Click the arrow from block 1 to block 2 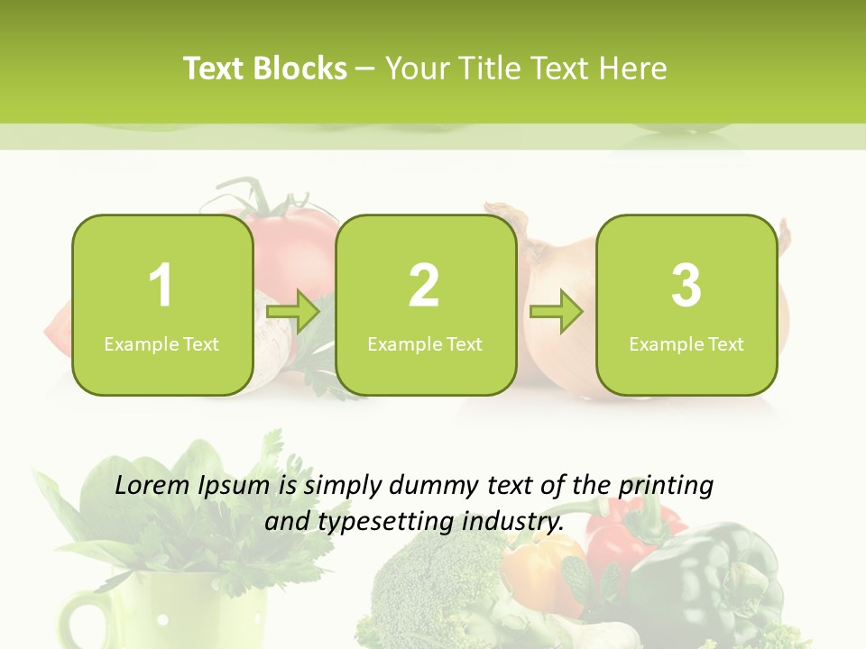(294, 313)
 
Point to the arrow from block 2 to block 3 (557, 313)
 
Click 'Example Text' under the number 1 (161, 343)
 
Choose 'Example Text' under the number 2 (425, 343)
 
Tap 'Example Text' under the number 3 (686, 343)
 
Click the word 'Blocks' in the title (300, 69)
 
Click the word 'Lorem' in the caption (152, 485)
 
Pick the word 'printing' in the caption (665, 487)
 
